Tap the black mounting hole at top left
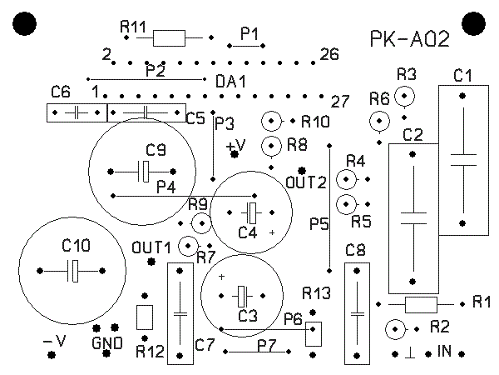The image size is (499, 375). pos(26,25)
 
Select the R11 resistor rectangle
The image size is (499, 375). pos(170,37)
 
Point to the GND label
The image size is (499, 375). pos(106,342)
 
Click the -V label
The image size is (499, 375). pos(53,342)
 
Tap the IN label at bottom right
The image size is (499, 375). pos(445,352)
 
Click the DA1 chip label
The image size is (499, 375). pos(230,82)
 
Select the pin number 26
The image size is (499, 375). pos(329,55)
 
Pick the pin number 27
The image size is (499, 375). pos(338,102)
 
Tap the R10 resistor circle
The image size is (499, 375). pos(271,122)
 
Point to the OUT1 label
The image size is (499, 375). pos(151,247)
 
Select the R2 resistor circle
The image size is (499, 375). pos(395,329)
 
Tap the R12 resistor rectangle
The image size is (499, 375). pos(144,317)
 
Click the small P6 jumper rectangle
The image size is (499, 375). pos(314,334)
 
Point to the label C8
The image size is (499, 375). pos(355,250)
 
